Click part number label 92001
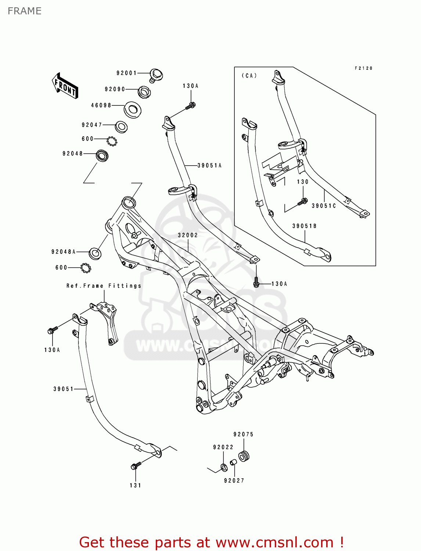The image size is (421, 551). point(126,73)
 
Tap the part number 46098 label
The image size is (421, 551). point(101,105)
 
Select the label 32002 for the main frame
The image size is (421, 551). point(188,235)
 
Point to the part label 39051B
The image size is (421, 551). point(304,226)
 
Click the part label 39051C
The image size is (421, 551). point(324,206)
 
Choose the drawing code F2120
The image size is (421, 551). point(363,68)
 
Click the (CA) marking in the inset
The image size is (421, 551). point(249,76)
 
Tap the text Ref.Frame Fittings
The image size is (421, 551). point(104,286)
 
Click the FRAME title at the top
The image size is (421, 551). point(25,11)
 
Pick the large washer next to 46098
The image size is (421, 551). point(133,109)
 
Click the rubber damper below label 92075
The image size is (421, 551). point(244,456)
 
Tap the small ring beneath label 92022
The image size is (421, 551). point(223,468)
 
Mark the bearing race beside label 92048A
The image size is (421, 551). point(95,253)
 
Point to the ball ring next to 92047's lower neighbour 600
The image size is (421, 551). point(112,141)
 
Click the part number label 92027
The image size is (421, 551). point(234,480)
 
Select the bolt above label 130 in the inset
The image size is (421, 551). point(303,201)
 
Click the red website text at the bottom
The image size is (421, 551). point(211,542)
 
